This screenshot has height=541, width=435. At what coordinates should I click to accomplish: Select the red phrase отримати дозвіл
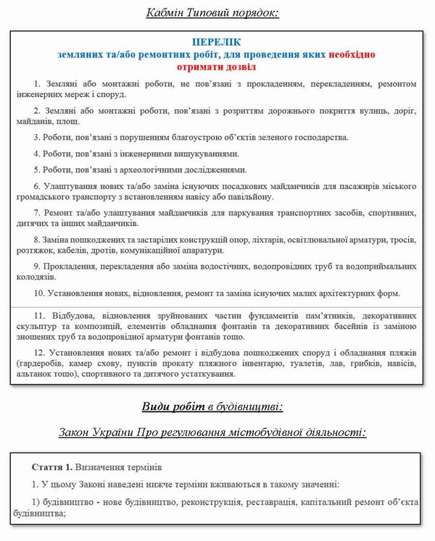coord(217,67)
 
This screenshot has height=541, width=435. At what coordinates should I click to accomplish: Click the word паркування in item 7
coord(233,213)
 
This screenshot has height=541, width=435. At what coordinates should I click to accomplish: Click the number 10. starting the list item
coord(40,293)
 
